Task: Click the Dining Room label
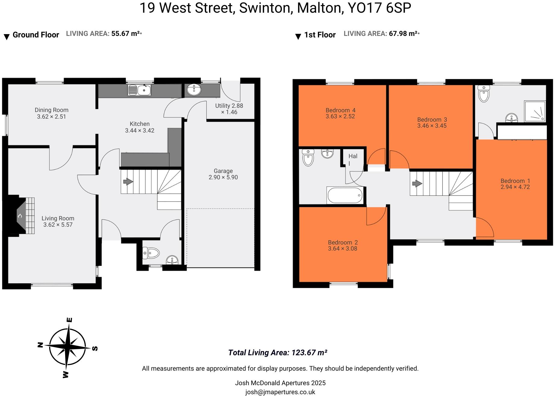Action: click(51, 110)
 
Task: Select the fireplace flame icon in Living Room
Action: click(20, 216)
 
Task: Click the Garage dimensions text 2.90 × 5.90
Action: click(223, 177)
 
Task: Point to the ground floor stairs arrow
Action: click(128, 182)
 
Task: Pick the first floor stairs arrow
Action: click(417, 184)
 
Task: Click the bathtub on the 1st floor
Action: click(345, 195)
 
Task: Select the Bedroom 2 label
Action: click(343, 242)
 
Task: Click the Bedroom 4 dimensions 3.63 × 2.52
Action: click(340, 117)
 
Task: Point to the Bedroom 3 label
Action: click(432, 120)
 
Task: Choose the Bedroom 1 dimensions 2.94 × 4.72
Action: click(515, 187)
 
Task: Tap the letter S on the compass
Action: click(95, 349)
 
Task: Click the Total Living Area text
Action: click(277, 353)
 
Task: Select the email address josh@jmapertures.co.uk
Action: click(280, 392)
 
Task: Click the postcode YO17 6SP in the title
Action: click(379, 8)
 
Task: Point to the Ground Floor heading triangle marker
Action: click(7, 37)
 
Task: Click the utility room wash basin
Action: click(194, 90)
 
